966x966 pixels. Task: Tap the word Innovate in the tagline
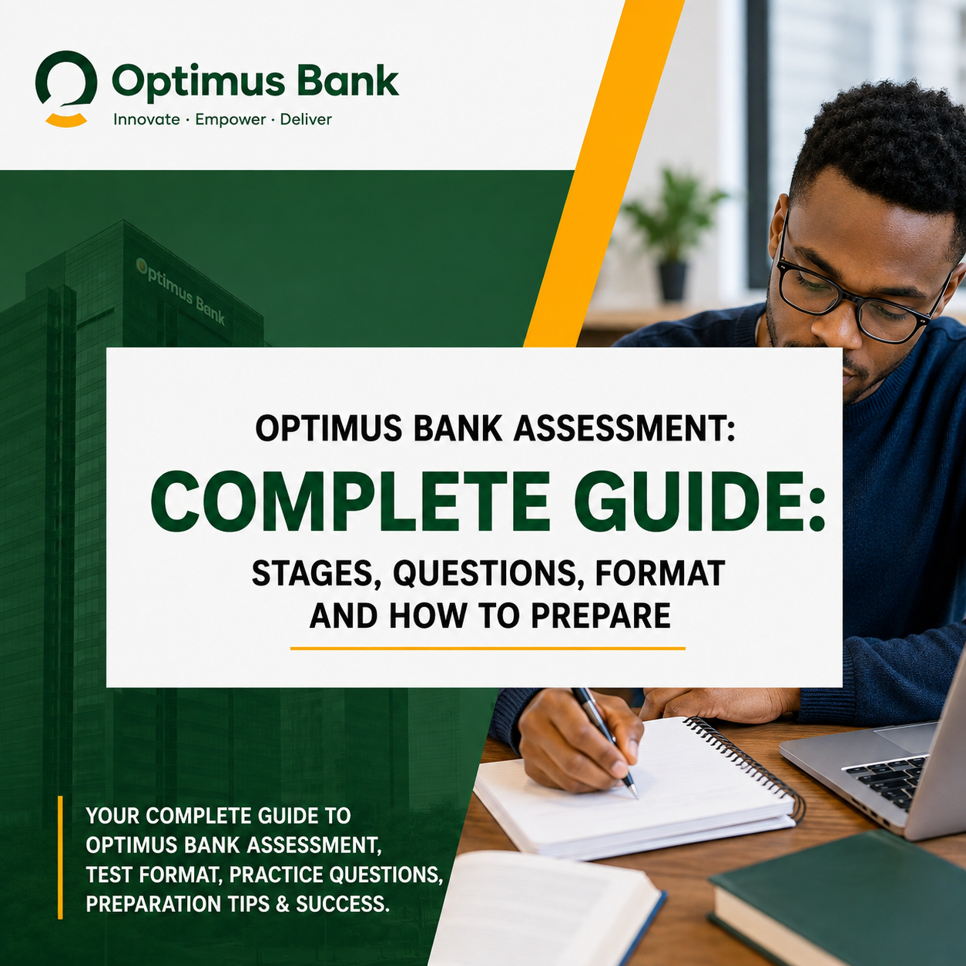point(146,119)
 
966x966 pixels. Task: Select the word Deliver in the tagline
point(306,119)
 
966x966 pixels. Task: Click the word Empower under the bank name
point(230,120)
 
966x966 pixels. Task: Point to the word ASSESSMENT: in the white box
point(625,428)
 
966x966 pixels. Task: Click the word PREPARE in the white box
point(601,615)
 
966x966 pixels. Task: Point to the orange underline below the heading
point(488,649)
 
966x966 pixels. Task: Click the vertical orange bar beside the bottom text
point(60,857)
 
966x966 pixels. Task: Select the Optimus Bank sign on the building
point(181,290)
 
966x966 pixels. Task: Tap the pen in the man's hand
point(605,742)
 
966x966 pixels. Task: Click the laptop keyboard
point(888,781)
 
